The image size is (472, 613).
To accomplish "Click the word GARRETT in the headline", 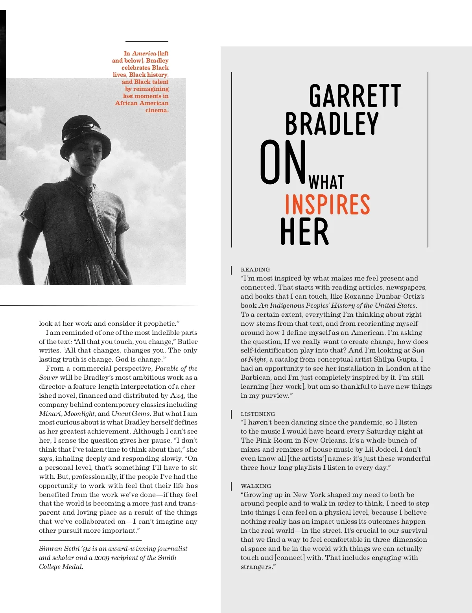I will tap(355, 96).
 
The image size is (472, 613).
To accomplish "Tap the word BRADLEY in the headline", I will tap(332, 124).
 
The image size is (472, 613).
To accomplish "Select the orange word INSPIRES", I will tap(327, 205).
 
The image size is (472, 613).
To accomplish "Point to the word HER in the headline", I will tap(304, 232).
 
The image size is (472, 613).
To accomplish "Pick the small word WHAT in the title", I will tap(326, 183).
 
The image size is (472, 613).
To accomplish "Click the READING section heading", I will tap(255, 270).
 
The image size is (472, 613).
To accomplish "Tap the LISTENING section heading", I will tap(258, 414).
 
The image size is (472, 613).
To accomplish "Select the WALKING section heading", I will tap(256, 486).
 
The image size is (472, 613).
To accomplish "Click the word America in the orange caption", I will tap(144, 54).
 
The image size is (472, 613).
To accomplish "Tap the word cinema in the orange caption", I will tap(157, 110).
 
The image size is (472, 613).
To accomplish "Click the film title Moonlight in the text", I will tap(79, 414).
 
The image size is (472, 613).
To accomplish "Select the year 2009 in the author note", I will tap(102, 558).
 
